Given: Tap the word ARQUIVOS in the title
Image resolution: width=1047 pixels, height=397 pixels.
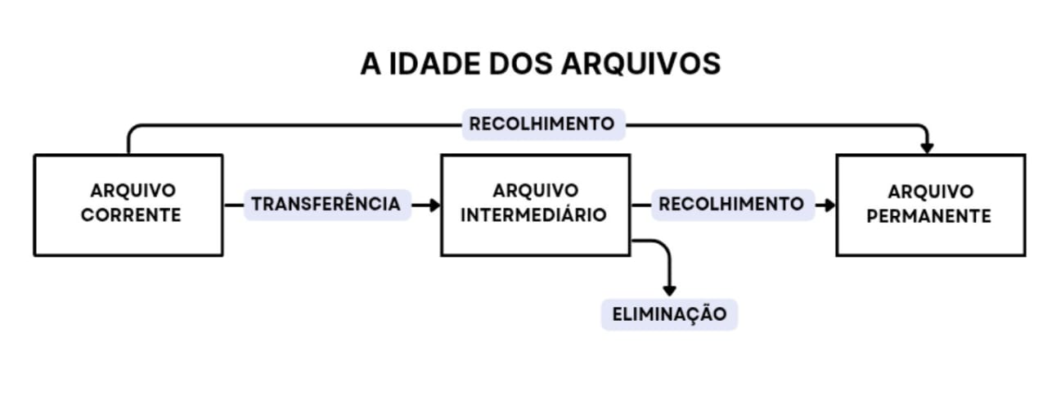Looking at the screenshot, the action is [x=640, y=64].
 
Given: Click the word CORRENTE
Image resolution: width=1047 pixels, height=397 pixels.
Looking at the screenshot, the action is [x=131, y=215].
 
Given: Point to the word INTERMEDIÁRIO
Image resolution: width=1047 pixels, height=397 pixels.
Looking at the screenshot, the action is [x=534, y=215].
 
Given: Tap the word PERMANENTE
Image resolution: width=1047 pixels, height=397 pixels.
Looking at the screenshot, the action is [x=928, y=216].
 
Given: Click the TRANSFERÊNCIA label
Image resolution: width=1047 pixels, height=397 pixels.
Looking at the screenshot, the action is [x=327, y=205].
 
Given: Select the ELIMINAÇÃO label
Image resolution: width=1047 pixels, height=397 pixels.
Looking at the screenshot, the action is [x=669, y=314].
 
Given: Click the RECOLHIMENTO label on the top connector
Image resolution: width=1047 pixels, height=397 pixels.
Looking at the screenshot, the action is [x=543, y=124].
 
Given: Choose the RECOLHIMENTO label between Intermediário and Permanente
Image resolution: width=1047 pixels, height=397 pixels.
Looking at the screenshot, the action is [x=732, y=205].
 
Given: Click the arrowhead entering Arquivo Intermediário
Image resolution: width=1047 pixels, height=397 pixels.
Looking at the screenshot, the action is [x=435, y=205].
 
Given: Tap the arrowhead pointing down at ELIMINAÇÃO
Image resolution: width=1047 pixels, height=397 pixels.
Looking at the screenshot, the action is [x=669, y=291].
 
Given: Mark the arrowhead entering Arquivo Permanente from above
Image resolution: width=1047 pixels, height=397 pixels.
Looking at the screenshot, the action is [x=927, y=149].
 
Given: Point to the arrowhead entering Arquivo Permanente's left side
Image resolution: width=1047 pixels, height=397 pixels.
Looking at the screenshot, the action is [x=830, y=205].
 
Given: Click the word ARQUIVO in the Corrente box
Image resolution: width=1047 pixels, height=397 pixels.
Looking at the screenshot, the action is [x=133, y=191].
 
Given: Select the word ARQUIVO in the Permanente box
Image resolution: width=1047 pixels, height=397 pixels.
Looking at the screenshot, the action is [x=931, y=192].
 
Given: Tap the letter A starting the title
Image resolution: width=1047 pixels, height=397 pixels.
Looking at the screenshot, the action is [x=371, y=64].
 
